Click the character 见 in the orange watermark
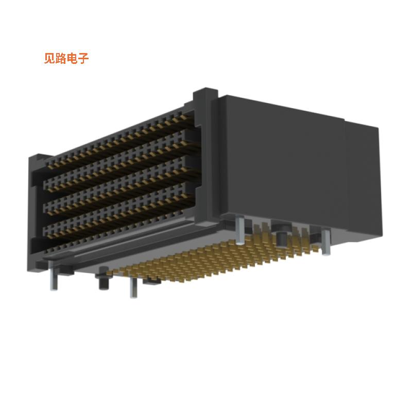49,58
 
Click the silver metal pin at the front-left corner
54,278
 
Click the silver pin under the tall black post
241,229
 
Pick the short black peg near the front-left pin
101,282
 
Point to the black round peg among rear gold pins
282,238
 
